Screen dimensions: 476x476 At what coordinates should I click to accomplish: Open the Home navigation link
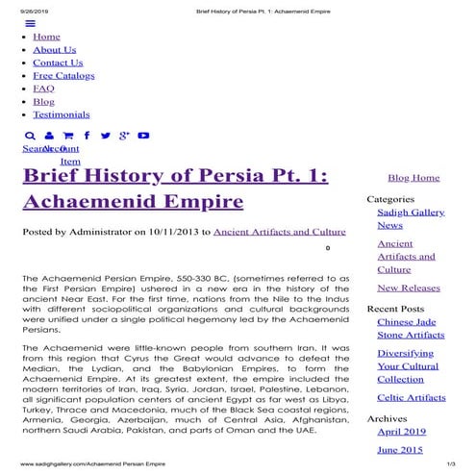(x=46, y=38)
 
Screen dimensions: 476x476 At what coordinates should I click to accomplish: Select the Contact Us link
(x=58, y=63)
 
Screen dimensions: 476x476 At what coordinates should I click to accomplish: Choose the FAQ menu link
(x=43, y=88)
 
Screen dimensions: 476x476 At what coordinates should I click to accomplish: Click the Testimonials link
(x=61, y=114)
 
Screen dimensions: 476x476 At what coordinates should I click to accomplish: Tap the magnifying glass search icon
(x=31, y=137)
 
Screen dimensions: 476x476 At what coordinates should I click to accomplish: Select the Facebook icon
(x=87, y=137)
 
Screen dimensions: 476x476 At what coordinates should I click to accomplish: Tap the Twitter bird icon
(x=105, y=137)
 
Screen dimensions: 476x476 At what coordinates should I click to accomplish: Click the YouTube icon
(x=143, y=137)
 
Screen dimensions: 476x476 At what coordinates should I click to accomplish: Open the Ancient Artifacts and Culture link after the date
(x=279, y=232)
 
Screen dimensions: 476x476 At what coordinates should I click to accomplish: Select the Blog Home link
(x=413, y=178)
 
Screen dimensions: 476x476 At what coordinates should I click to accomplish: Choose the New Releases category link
(x=409, y=288)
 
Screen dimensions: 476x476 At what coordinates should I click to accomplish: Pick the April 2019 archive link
(x=402, y=432)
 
